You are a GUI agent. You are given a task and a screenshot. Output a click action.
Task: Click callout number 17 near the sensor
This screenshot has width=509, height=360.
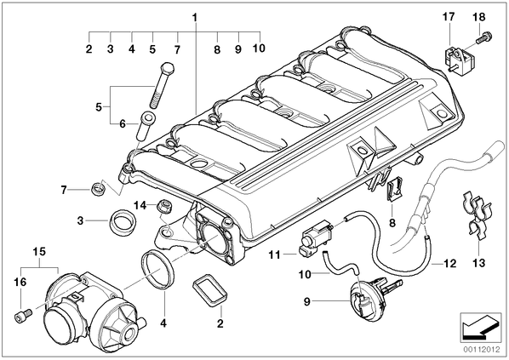tap(449, 16)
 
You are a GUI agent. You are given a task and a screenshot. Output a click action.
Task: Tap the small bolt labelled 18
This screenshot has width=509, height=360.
tap(484, 37)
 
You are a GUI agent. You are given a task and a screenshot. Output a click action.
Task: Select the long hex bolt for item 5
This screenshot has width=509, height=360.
tap(162, 85)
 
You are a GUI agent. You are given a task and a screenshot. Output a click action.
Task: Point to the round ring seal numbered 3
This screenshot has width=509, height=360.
tap(122, 222)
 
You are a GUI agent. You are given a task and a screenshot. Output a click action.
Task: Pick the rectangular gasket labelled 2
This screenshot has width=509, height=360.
tap(210, 290)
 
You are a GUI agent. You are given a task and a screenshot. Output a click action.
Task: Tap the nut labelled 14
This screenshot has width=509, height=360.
tap(164, 206)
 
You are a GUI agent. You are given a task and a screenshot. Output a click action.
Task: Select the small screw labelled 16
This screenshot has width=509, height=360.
tap(23, 315)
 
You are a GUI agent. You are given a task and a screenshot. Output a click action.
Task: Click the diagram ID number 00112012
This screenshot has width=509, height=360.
tap(481, 350)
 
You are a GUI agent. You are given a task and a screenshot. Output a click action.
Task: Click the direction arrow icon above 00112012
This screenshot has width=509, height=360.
tap(481, 328)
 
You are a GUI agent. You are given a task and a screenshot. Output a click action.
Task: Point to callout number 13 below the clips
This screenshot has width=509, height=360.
tap(479, 263)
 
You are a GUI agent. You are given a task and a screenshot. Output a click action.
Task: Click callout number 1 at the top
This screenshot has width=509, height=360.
tap(195, 17)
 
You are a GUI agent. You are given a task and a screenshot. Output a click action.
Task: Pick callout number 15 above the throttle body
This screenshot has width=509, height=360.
tap(39, 252)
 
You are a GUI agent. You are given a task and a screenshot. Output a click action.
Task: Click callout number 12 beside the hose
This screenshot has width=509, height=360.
tap(449, 263)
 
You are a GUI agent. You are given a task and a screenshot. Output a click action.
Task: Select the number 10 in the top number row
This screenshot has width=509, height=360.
tap(259, 48)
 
